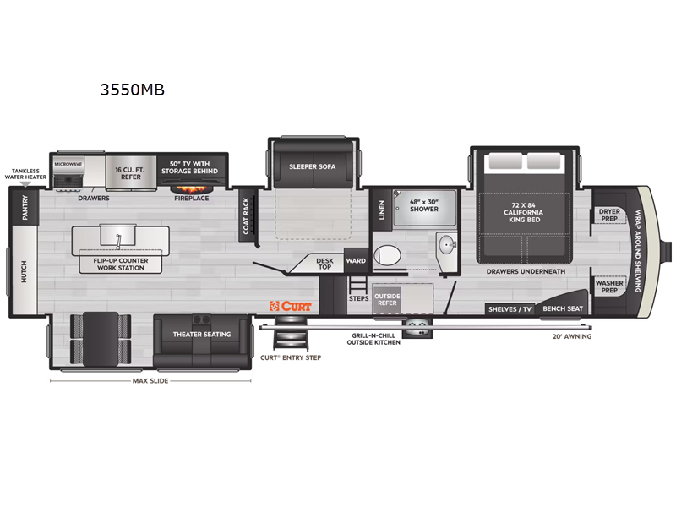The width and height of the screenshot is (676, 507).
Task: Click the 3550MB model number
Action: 133,90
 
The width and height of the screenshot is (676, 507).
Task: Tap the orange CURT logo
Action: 290,306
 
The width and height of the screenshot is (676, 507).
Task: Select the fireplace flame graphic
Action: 192,188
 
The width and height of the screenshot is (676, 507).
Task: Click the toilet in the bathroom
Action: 387,255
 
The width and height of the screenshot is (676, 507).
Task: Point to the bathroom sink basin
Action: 448,246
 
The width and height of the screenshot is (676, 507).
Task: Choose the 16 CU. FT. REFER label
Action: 130,173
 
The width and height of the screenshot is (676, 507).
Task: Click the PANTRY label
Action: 25,207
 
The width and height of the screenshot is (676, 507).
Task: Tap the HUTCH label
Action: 24,272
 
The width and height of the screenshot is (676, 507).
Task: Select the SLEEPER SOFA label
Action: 312,166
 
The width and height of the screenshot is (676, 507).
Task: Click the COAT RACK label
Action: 246,215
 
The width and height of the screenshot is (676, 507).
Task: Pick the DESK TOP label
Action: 324,264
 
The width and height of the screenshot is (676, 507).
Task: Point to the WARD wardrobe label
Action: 356,261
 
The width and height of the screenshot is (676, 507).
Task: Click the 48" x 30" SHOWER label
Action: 424,205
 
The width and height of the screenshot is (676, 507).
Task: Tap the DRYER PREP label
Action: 609,215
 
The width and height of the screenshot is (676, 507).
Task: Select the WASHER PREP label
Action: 609,286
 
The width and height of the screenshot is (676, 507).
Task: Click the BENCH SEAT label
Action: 563,308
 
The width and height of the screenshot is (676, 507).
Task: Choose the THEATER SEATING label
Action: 202,334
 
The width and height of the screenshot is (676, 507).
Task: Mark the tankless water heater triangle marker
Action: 25,184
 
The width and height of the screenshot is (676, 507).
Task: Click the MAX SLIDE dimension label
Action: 150,381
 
